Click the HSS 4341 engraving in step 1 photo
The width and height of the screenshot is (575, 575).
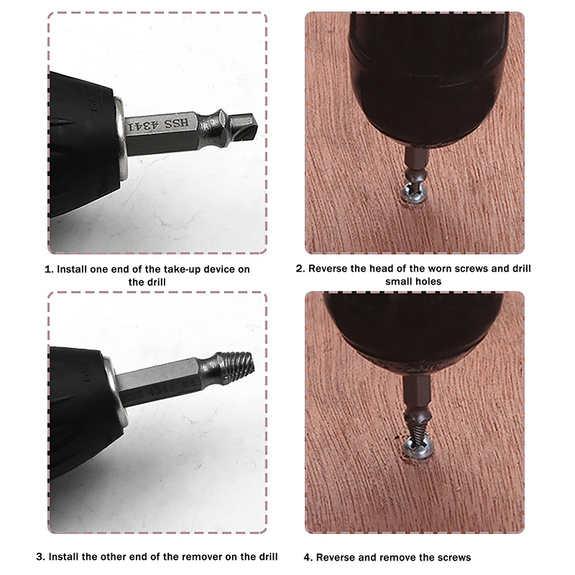coord(158,124)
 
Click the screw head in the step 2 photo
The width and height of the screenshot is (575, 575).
coord(414,193)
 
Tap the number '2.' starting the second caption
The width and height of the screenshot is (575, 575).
coord(300,269)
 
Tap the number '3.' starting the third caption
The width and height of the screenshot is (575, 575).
coord(41,557)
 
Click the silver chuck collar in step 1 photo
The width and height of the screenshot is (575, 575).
coord(121,139)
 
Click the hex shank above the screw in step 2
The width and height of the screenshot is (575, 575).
coord(416,158)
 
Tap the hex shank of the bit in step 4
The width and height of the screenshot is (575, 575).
coord(416,392)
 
